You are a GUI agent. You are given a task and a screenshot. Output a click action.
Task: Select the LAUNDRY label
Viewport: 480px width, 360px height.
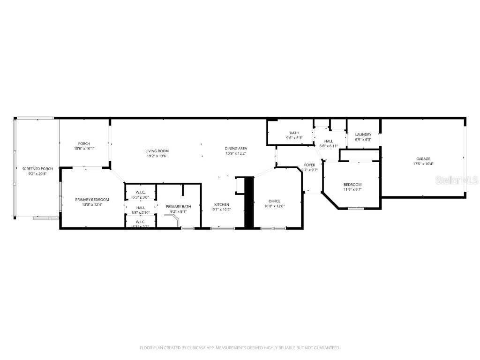pos(363,135)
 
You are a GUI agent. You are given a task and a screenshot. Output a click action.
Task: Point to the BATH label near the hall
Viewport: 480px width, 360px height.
pos(294,133)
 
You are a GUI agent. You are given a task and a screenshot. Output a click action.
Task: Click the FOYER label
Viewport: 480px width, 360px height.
pos(309,165)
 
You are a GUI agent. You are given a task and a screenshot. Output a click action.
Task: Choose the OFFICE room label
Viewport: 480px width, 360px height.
pos(274,201)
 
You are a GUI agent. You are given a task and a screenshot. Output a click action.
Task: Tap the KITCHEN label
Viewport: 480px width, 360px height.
pos(222,204)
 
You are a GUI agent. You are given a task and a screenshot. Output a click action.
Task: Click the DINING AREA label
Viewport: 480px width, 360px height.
pos(236,149)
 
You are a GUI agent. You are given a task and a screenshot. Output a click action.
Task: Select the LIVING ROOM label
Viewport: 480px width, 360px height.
pos(157,151)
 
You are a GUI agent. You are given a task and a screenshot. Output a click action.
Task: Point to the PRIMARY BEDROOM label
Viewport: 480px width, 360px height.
pos(92,200)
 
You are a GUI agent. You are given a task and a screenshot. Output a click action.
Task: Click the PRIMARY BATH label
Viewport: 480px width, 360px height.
pos(178,206)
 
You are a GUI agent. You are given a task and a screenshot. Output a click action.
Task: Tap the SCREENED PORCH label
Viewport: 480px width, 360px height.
pos(37,169)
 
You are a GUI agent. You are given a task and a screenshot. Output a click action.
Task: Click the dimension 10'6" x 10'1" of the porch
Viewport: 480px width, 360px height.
pos(84,149)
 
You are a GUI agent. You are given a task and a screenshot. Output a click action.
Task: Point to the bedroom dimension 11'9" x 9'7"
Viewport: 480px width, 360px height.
pos(352,190)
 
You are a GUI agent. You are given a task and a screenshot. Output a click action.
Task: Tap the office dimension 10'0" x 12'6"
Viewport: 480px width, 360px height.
pos(274,206)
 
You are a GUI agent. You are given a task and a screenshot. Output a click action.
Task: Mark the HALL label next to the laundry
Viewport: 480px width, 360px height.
pos(329,141)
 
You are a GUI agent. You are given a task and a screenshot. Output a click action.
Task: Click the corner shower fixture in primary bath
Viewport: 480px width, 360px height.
pos(172,219)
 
